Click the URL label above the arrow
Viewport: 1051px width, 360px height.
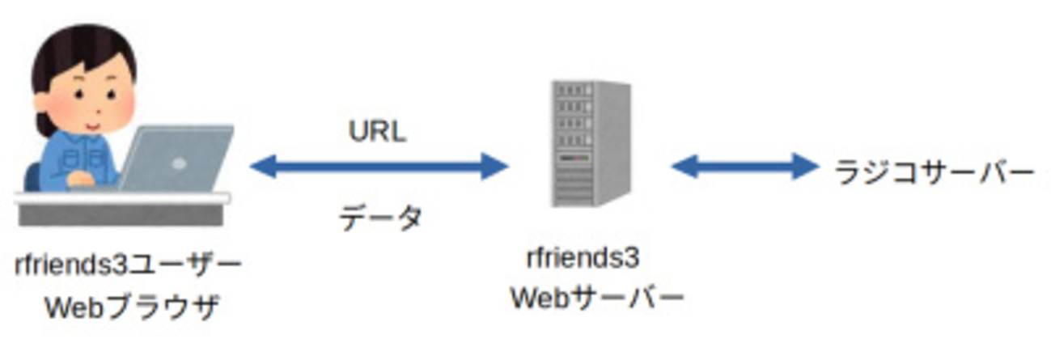(377, 132)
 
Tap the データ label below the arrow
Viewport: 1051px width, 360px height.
(379, 218)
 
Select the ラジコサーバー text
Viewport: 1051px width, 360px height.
(934, 172)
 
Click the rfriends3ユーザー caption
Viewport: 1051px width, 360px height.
(128, 264)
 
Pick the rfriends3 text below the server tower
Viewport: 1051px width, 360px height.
(583, 259)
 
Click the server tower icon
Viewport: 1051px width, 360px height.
(591, 143)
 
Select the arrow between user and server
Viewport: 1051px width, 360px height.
(379, 167)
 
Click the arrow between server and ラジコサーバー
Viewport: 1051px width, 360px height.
(744, 167)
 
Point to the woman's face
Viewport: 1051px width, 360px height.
(94, 97)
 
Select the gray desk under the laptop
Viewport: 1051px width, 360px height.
(121, 213)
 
